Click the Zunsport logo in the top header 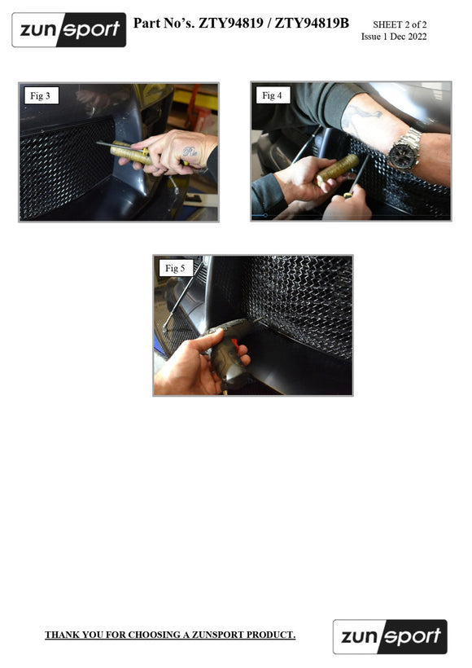(x=69, y=30)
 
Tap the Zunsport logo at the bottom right (x=390, y=636)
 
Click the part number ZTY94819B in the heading (x=312, y=23)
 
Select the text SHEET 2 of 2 (x=400, y=24)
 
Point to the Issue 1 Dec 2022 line (x=394, y=37)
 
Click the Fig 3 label (x=40, y=96)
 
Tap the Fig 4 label (x=272, y=95)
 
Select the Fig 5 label (x=175, y=268)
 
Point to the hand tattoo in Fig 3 (x=190, y=152)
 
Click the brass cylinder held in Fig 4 (x=338, y=169)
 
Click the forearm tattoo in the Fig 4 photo (x=360, y=117)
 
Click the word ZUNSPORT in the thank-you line (x=217, y=635)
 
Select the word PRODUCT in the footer (x=271, y=635)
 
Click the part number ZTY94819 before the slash (x=231, y=23)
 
